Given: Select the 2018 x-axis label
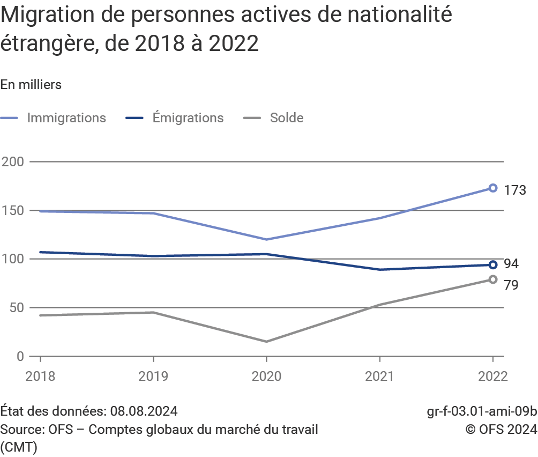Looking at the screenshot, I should pos(40,377).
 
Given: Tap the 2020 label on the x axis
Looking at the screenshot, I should pos(266,377).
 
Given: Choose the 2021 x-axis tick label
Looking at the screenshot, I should pos(379,377).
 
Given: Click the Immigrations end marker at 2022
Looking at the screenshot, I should pos(493,188).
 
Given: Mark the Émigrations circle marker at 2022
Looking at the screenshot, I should pos(493,264).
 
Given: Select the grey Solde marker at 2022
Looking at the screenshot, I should pos(493,279).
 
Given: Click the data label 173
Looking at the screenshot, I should pos(514,190).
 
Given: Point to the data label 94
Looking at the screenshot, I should pos(511,264).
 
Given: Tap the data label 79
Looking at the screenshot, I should pos(511,285).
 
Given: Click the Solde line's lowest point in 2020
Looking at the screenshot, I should pos(266,342).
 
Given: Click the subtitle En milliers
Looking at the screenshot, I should pos(31,85).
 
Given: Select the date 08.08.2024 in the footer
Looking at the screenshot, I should pos(144,412).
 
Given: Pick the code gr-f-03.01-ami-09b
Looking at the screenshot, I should pos(482,412).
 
